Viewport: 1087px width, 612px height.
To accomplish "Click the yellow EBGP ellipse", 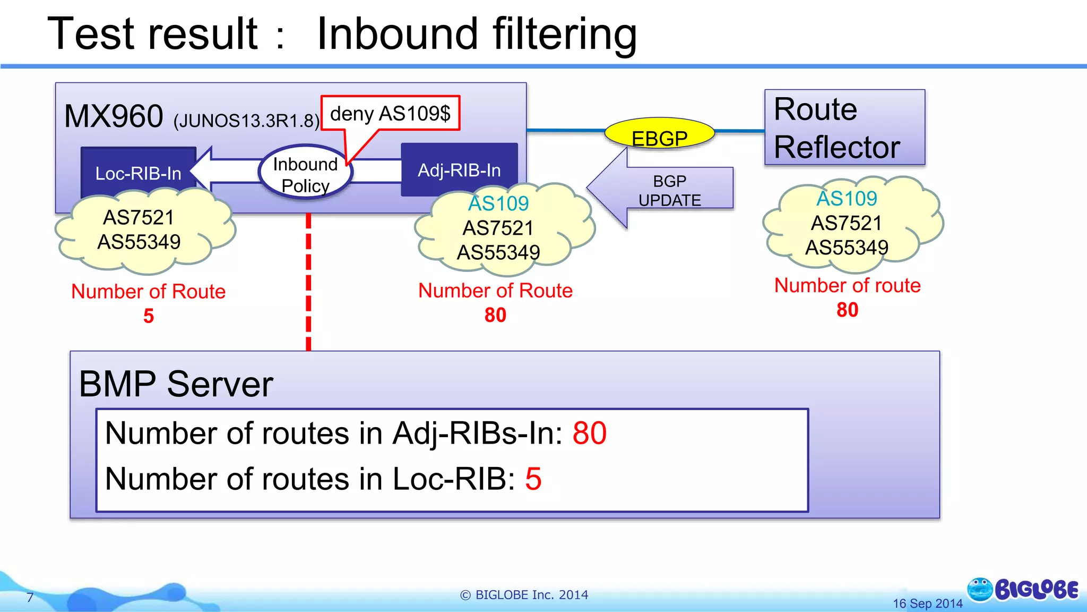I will pyautogui.click(x=660, y=133).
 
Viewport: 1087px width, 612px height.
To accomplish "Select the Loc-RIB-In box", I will pyautogui.click(x=138, y=173).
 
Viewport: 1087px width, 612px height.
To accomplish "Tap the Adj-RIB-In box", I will pyautogui.click(x=459, y=169).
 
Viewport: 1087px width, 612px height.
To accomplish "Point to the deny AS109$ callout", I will pyautogui.click(x=390, y=113).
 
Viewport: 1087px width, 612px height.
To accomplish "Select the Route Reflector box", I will pyautogui.click(x=844, y=127).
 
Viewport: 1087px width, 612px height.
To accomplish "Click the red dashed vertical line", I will pyautogui.click(x=308, y=282).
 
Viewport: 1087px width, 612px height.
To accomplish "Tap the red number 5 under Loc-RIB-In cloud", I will pyautogui.click(x=149, y=316).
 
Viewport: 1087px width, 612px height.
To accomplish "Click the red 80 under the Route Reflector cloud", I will pyautogui.click(x=847, y=310).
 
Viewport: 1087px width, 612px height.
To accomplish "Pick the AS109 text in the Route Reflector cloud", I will pyautogui.click(x=847, y=199).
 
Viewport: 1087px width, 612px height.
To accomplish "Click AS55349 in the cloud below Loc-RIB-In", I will pyautogui.click(x=139, y=242).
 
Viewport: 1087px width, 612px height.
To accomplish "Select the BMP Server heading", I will pyautogui.click(x=176, y=384).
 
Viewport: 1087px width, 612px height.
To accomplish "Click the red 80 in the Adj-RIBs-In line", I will pyautogui.click(x=589, y=433).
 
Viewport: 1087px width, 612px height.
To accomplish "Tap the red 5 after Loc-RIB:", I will pyautogui.click(x=533, y=479).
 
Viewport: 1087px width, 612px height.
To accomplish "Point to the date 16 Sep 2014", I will pyautogui.click(x=927, y=603).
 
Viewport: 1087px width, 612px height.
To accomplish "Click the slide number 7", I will pyautogui.click(x=30, y=598).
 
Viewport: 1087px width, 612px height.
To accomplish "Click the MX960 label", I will pyautogui.click(x=114, y=116).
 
